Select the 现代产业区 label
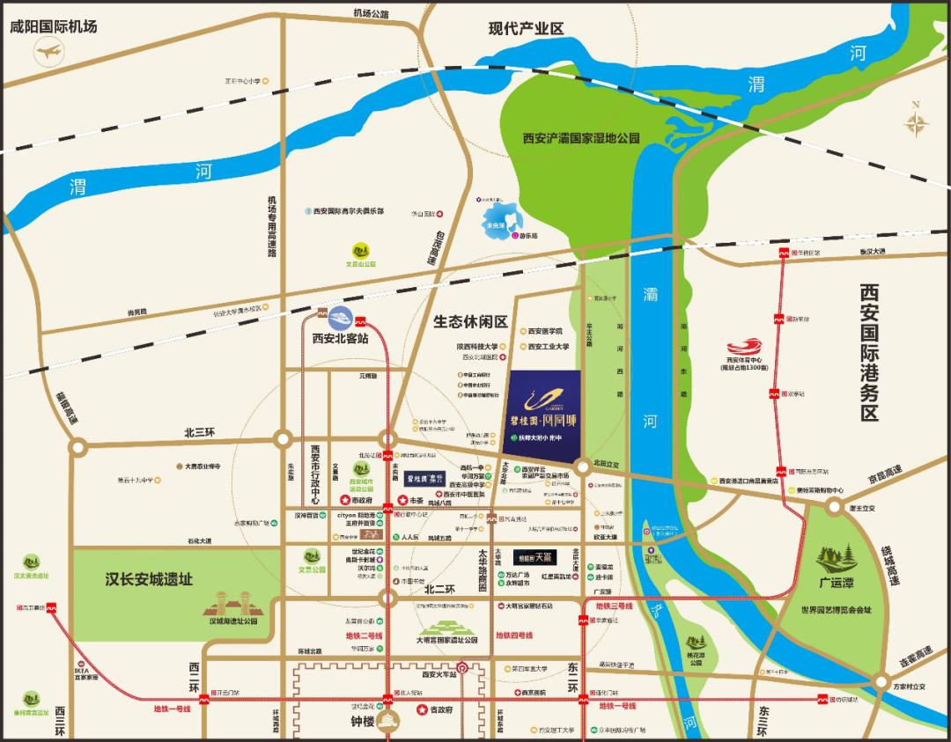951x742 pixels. click(x=526, y=29)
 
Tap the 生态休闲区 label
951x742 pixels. click(x=470, y=322)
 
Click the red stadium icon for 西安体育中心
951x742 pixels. click(x=745, y=346)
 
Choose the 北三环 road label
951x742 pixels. click(x=199, y=432)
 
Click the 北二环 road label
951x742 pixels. click(x=439, y=591)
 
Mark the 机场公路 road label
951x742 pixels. click(x=371, y=13)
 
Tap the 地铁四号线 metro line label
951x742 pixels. click(x=513, y=635)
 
